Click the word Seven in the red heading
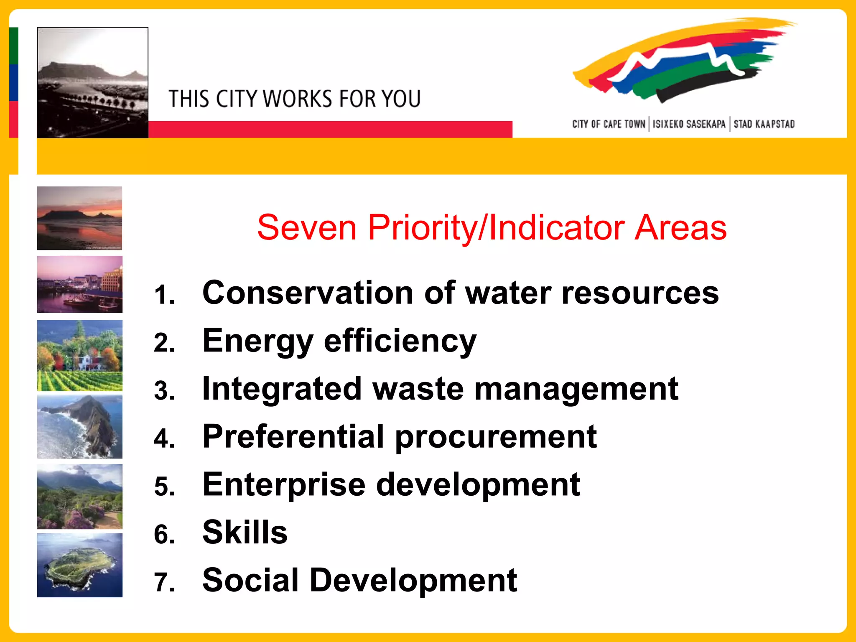[306, 228]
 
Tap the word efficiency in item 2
[400, 341]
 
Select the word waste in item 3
[418, 389]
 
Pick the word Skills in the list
[245, 532]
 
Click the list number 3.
[164, 391]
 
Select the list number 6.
[164, 535]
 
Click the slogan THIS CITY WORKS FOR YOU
[294, 99]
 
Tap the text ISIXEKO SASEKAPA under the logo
[689, 124]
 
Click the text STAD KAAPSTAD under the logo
[764, 124]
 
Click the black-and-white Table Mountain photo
[92, 82]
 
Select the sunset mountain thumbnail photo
[79, 218]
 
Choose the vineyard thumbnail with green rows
[79, 355]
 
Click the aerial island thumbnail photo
[79, 565]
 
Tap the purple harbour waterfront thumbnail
[79, 284]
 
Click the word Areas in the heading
[680, 228]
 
